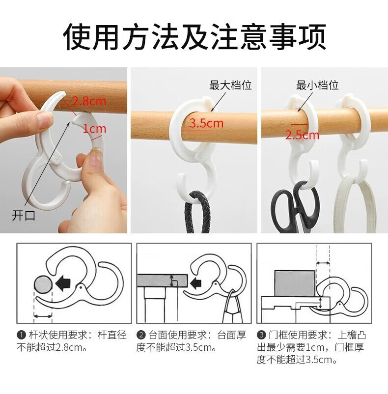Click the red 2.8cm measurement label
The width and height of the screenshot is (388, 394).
click(x=89, y=101)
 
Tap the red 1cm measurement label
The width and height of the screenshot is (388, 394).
click(x=95, y=129)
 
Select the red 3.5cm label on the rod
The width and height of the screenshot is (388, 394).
click(x=206, y=123)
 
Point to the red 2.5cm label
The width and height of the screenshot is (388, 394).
click(x=302, y=135)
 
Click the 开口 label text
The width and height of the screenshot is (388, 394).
click(x=24, y=215)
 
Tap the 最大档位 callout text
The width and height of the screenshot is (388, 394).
click(x=230, y=85)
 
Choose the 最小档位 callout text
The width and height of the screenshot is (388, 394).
click(x=317, y=85)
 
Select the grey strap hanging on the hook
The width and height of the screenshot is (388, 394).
click(x=355, y=204)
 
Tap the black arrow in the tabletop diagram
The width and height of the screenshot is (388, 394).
click(x=195, y=283)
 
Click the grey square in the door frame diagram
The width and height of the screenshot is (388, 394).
click(x=295, y=283)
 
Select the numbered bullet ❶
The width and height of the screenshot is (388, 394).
click(x=21, y=335)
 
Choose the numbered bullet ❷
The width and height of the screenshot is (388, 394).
click(x=141, y=335)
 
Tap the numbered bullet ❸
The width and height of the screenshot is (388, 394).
click(x=261, y=335)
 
